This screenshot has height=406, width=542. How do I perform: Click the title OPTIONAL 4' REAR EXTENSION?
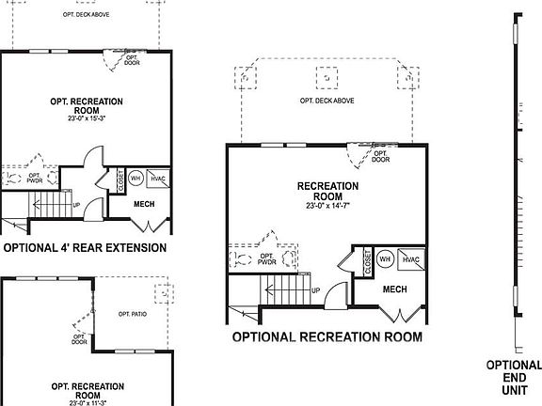coord(85,248)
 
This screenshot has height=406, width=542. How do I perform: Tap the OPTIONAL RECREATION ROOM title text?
coord(327,336)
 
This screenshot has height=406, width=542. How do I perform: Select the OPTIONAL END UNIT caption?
coord(514,379)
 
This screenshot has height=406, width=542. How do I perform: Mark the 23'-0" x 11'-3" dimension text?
coord(86,403)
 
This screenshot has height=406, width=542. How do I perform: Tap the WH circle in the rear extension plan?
coord(135,177)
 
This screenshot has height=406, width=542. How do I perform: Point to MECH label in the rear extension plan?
coord(144,204)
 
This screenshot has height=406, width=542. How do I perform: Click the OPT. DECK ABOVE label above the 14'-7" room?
coord(327,101)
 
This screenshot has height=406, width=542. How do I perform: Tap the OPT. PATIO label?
coord(133,313)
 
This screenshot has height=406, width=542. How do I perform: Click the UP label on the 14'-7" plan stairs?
coord(315,290)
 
